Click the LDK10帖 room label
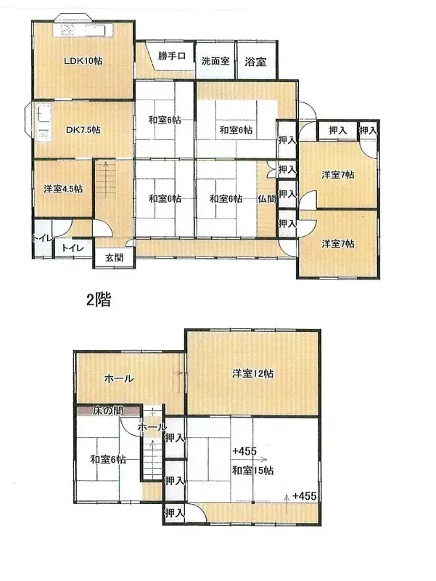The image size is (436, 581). (x=82, y=61)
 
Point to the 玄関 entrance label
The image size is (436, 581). (x=114, y=257)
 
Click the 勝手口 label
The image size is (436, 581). (x=172, y=57)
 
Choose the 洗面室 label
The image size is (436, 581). (x=215, y=62)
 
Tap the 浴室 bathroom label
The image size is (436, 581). (x=255, y=62)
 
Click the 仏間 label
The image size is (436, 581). (x=266, y=198)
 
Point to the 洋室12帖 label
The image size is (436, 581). (x=252, y=374)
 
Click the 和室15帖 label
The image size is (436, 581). (x=252, y=471)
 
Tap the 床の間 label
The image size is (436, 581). (x=107, y=412)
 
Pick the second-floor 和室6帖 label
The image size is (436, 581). (x=108, y=459)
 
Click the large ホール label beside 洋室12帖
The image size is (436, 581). (x=118, y=378)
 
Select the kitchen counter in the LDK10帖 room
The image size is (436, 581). (x=84, y=31)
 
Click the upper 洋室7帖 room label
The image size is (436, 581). (x=337, y=174)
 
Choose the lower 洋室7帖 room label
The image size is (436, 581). (x=337, y=243)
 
